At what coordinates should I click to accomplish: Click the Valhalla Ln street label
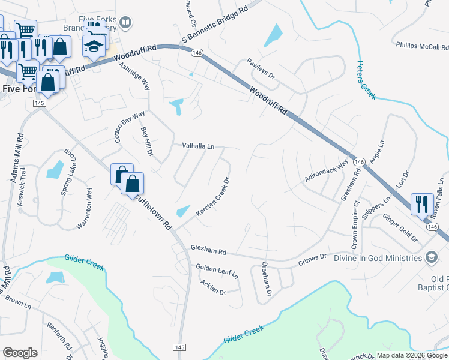[x=198, y=146]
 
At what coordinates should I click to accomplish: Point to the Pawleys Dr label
[x=261, y=70]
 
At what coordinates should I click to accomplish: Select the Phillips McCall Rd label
[x=423, y=46]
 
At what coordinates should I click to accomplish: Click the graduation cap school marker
[x=94, y=46]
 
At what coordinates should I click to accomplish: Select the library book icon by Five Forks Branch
[x=125, y=23]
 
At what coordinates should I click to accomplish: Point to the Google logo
[x=19, y=353]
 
